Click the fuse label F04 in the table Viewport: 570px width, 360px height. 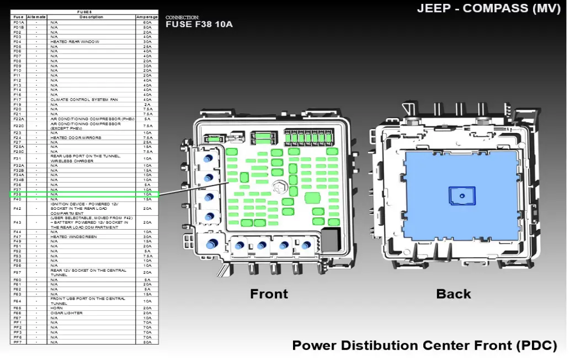(18, 41)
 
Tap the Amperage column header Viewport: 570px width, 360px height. (147, 17)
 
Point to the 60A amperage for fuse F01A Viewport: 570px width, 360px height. (147, 22)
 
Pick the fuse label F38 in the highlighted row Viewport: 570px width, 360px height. (18, 194)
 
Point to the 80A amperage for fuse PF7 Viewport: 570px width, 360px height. (147, 342)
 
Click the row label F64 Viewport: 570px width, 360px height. (18, 301)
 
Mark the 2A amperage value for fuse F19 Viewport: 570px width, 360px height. (147, 104)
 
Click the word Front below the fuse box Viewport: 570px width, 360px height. (269, 294)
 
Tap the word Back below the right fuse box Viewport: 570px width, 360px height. (454, 294)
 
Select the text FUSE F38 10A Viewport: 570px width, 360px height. (199, 25)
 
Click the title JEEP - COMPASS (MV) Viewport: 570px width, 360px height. (489, 8)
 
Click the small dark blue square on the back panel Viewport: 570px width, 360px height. (462, 195)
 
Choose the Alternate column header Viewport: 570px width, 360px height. (36, 17)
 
